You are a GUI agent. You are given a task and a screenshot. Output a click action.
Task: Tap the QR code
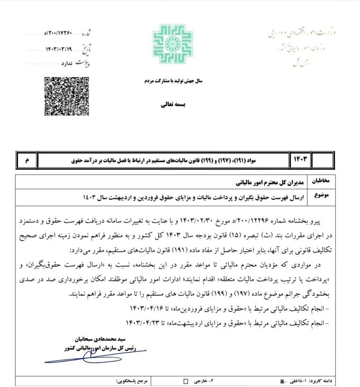(67, 96)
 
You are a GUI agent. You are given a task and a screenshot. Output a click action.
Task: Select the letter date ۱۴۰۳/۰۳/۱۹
(58, 49)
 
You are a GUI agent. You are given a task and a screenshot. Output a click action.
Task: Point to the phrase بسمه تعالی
(174, 104)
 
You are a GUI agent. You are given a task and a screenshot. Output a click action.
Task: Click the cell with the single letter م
(27, 161)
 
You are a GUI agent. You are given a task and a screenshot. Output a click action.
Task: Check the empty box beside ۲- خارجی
(186, 381)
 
